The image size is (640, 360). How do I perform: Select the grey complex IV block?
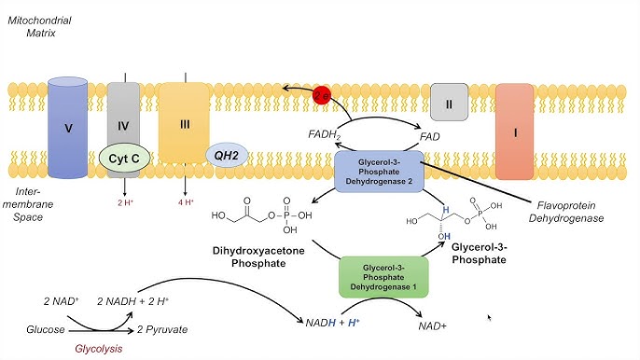[x=123, y=117]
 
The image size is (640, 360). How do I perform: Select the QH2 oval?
[x=226, y=156]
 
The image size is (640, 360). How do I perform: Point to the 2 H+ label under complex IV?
[x=125, y=201]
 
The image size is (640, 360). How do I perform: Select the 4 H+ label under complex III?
[x=184, y=201]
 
